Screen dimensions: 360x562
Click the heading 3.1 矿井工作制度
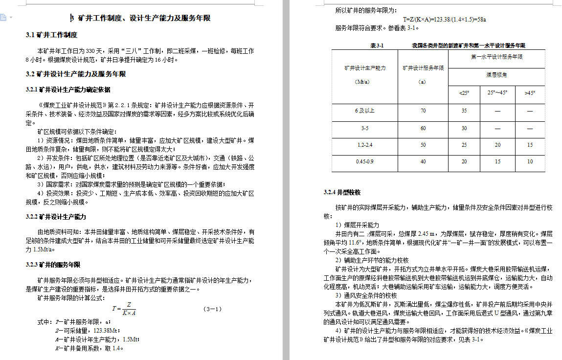pyautogui.click(x=51, y=35)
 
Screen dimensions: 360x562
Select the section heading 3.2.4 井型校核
pyautogui.click(x=342, y=192)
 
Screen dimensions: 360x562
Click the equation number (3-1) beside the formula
pyautogui.click(x=213, y=309)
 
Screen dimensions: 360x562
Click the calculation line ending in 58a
pyautogui.click(x=444, y=19)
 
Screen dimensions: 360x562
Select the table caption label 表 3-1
pyautogui.click(x=377, y=45)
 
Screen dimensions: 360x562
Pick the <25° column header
pyautogui.click(x=464, y=93)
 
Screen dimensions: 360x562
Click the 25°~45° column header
pyautogui.click(x=497, y=93)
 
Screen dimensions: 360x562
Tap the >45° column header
pyautogui.click(x=530, y=93)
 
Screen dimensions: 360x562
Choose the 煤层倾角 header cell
pyautogui.click(x=496, y=75)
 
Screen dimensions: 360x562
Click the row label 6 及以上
pyautogui.click(x=365, y=111)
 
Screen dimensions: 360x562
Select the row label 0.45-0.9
pyautogui.click(x=365, y=161)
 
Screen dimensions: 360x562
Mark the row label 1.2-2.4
pyautogui.click(x=365, y=145)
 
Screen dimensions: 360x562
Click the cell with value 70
pyautogui.click(x=423, y=111)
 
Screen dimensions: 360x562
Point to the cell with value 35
pyautogui.click(x=464, y=111)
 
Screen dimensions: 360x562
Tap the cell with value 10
pyautogui.click(x=530, y=161)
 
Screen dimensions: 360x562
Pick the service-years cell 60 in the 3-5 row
pyautogui.click(x=423, y=128)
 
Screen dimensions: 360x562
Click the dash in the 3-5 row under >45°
pyautogui.click(x=530, y=128)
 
